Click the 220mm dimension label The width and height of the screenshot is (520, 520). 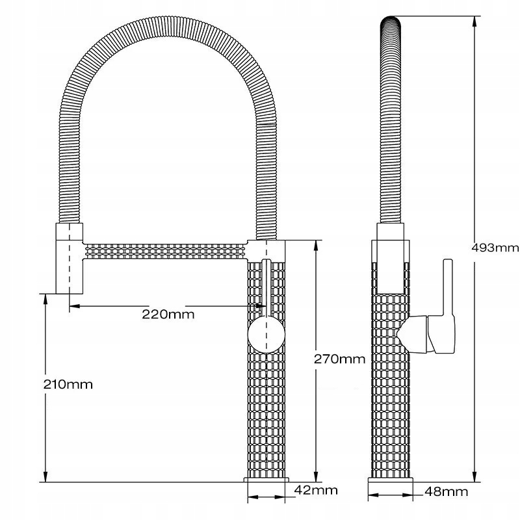(168, 314)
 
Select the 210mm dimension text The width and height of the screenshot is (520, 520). (68, 384)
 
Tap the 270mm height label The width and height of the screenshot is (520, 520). (339, 359)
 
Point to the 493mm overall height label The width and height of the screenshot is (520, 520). (495, 248)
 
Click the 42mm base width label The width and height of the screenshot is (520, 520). (316, 490)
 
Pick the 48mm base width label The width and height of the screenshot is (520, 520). (447, 491)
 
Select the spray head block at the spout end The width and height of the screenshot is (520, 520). (69, 258)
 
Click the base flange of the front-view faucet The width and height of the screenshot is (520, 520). (266, 480)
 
